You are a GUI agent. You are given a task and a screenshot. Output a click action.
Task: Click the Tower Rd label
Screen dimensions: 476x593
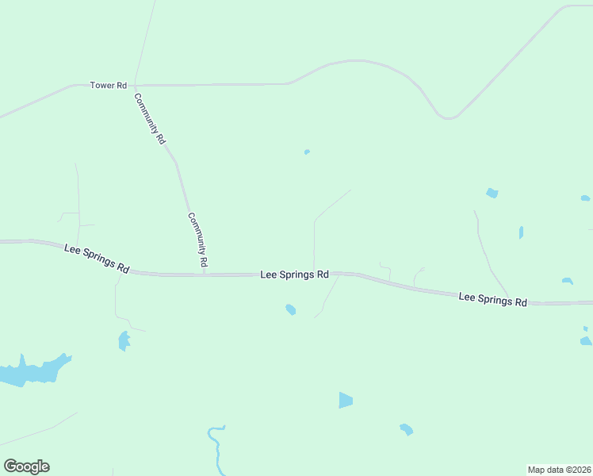pos(109,85)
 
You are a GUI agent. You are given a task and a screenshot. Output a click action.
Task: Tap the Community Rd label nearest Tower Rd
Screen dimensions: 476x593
pos(150,119)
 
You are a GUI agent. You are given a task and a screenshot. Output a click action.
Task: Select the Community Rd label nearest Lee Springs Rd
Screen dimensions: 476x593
pos(198,239)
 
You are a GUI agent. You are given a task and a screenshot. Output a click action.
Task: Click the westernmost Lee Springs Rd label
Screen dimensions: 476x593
pos(97,259)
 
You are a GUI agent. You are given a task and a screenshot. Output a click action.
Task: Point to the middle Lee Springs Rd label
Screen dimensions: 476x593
pos(294,274)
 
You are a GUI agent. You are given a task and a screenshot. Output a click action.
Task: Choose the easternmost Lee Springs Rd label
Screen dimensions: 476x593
pos(493,299)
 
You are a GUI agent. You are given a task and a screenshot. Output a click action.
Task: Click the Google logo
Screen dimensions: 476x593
pos(26,466)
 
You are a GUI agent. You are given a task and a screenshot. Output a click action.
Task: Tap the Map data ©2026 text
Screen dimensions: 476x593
pos(559,469)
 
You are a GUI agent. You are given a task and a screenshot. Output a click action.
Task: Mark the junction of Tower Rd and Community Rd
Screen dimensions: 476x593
pos(135,84)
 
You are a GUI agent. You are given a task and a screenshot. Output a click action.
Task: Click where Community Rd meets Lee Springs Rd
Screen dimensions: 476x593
pos(204,274)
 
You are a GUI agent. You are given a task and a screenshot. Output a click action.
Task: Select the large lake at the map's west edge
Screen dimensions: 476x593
pos(32,371)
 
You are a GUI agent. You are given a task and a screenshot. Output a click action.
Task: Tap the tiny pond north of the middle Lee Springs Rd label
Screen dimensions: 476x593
pos(307,152)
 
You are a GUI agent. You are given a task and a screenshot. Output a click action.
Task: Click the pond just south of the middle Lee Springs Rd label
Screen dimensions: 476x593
pos(291,309)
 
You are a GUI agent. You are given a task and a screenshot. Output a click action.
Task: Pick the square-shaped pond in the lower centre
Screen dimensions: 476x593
pos(345,400)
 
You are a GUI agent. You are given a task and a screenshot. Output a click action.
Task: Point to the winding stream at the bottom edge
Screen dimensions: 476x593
pos(216,448)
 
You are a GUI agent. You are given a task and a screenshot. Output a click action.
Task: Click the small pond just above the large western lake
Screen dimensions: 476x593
pos(124,340)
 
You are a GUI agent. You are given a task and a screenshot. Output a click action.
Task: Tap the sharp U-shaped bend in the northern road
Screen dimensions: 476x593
pos(449,117)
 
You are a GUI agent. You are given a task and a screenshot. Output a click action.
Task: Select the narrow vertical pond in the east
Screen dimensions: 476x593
pos(521,232)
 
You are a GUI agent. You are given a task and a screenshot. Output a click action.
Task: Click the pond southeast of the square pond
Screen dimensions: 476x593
pos(407,429)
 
